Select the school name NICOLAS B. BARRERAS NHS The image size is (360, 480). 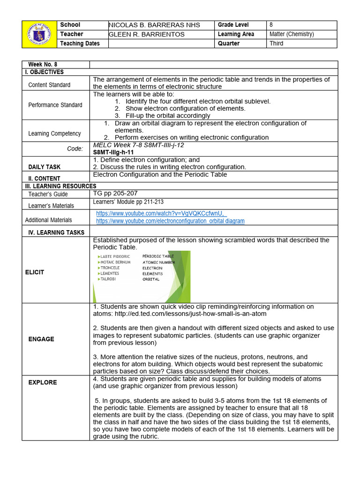point(154,25)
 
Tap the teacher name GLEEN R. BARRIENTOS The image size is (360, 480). point(147,34)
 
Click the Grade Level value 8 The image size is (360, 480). point(271,25)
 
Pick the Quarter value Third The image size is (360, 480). point(277,44)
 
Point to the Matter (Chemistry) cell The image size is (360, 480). point(292,34)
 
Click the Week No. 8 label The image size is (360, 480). point(43,65)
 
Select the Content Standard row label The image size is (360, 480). point(49,85)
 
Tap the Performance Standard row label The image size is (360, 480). point(55,105)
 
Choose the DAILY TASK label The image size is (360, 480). point(44,167)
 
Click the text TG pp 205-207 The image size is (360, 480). point(115,193)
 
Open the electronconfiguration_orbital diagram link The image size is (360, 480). point(170,221)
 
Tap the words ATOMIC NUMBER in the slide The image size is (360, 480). point(158,262)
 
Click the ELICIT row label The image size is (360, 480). point(35,272)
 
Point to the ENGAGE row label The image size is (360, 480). point(41,339)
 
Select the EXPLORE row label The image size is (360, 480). point(42,382)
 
